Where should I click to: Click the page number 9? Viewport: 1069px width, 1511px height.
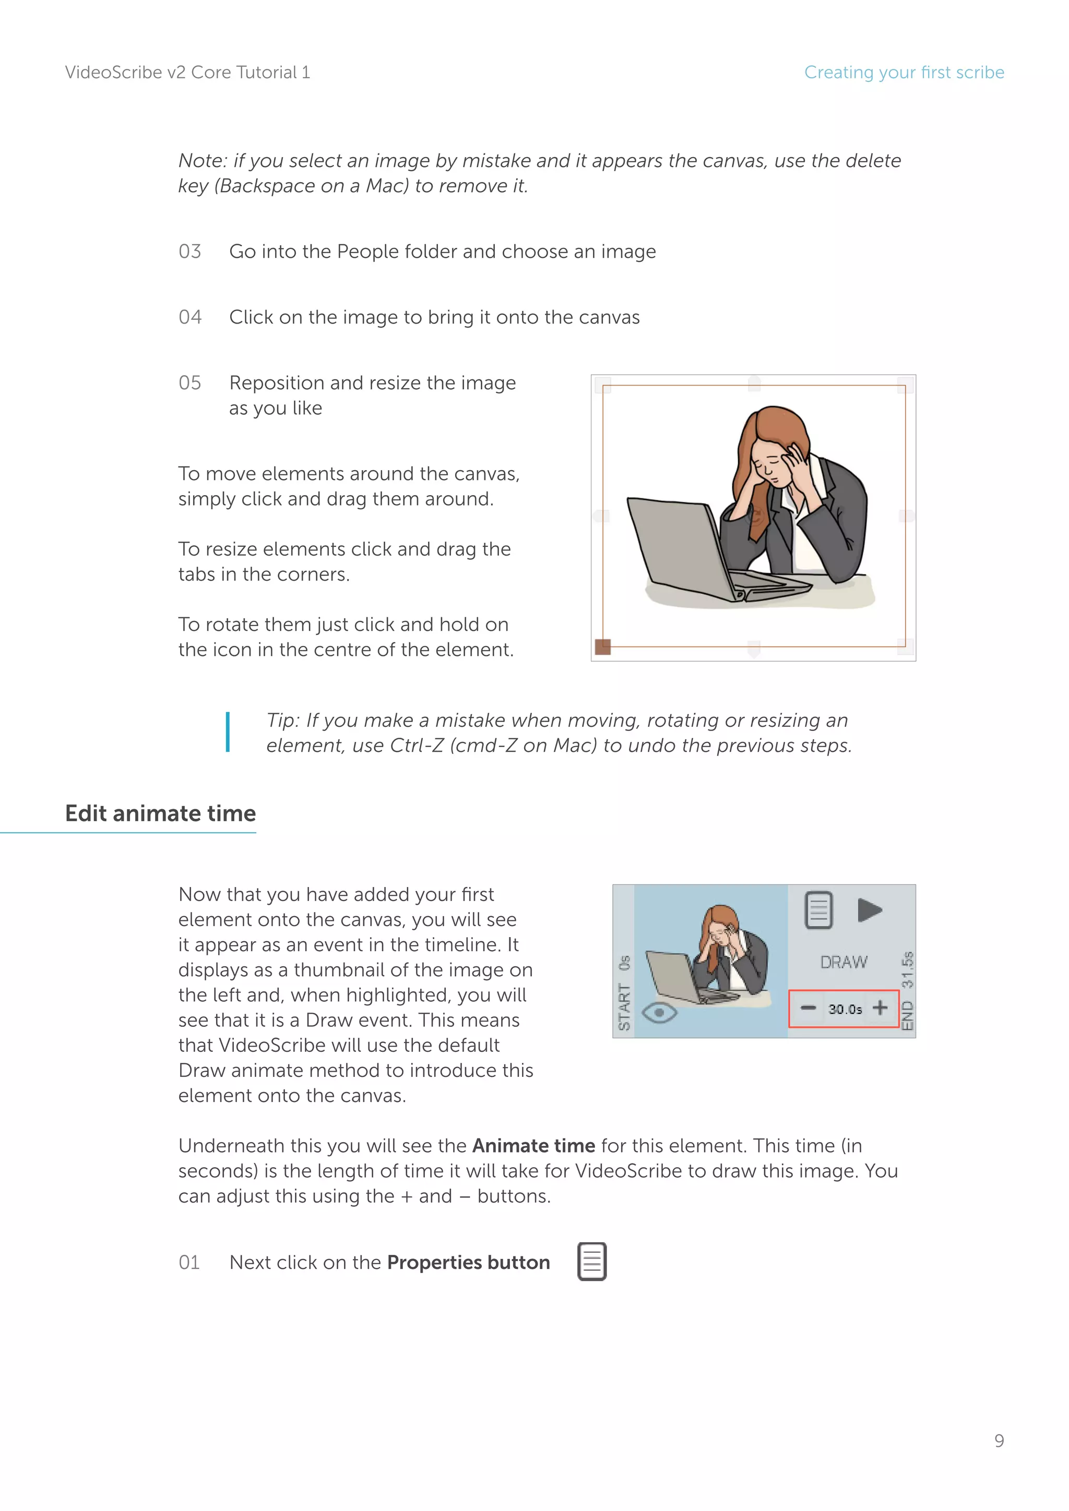pyautogui.click(x=999, y=1441)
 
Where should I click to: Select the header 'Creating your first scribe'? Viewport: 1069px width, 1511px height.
pyautogui.click(x=904, y=73)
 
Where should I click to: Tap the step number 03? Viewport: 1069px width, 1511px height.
pyautogui.click(x=189, y=251)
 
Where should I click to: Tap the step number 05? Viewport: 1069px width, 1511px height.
pyautogui.click(x=189, y=383)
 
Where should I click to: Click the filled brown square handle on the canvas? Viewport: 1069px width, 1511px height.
pyautogui.click(x=602, y=647)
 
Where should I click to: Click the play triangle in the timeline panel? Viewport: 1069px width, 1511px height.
pyautogui.click(x=869, y=911)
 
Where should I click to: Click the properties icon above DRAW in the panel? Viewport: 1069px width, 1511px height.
pyautogui.click(x=819, y=911)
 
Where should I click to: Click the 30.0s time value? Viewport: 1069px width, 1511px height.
pyautogui.click(x=845, y=1009)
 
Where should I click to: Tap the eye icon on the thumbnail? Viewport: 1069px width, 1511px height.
pyautogui.click(x=659, y=1012)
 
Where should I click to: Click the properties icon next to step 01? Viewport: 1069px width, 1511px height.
pyautogui.click(x=592, y=1262)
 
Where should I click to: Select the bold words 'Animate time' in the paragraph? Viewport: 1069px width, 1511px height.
pyautogui.click(x=533, y=1146)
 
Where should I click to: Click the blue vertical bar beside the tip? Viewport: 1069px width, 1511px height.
pyautogui.click(x=228, y=732)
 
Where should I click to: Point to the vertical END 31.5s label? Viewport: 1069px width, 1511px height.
pyautogui.click(x=908, y=990)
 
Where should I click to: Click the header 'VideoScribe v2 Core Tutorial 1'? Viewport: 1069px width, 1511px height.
pyautogui.click(x=187, y=73)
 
